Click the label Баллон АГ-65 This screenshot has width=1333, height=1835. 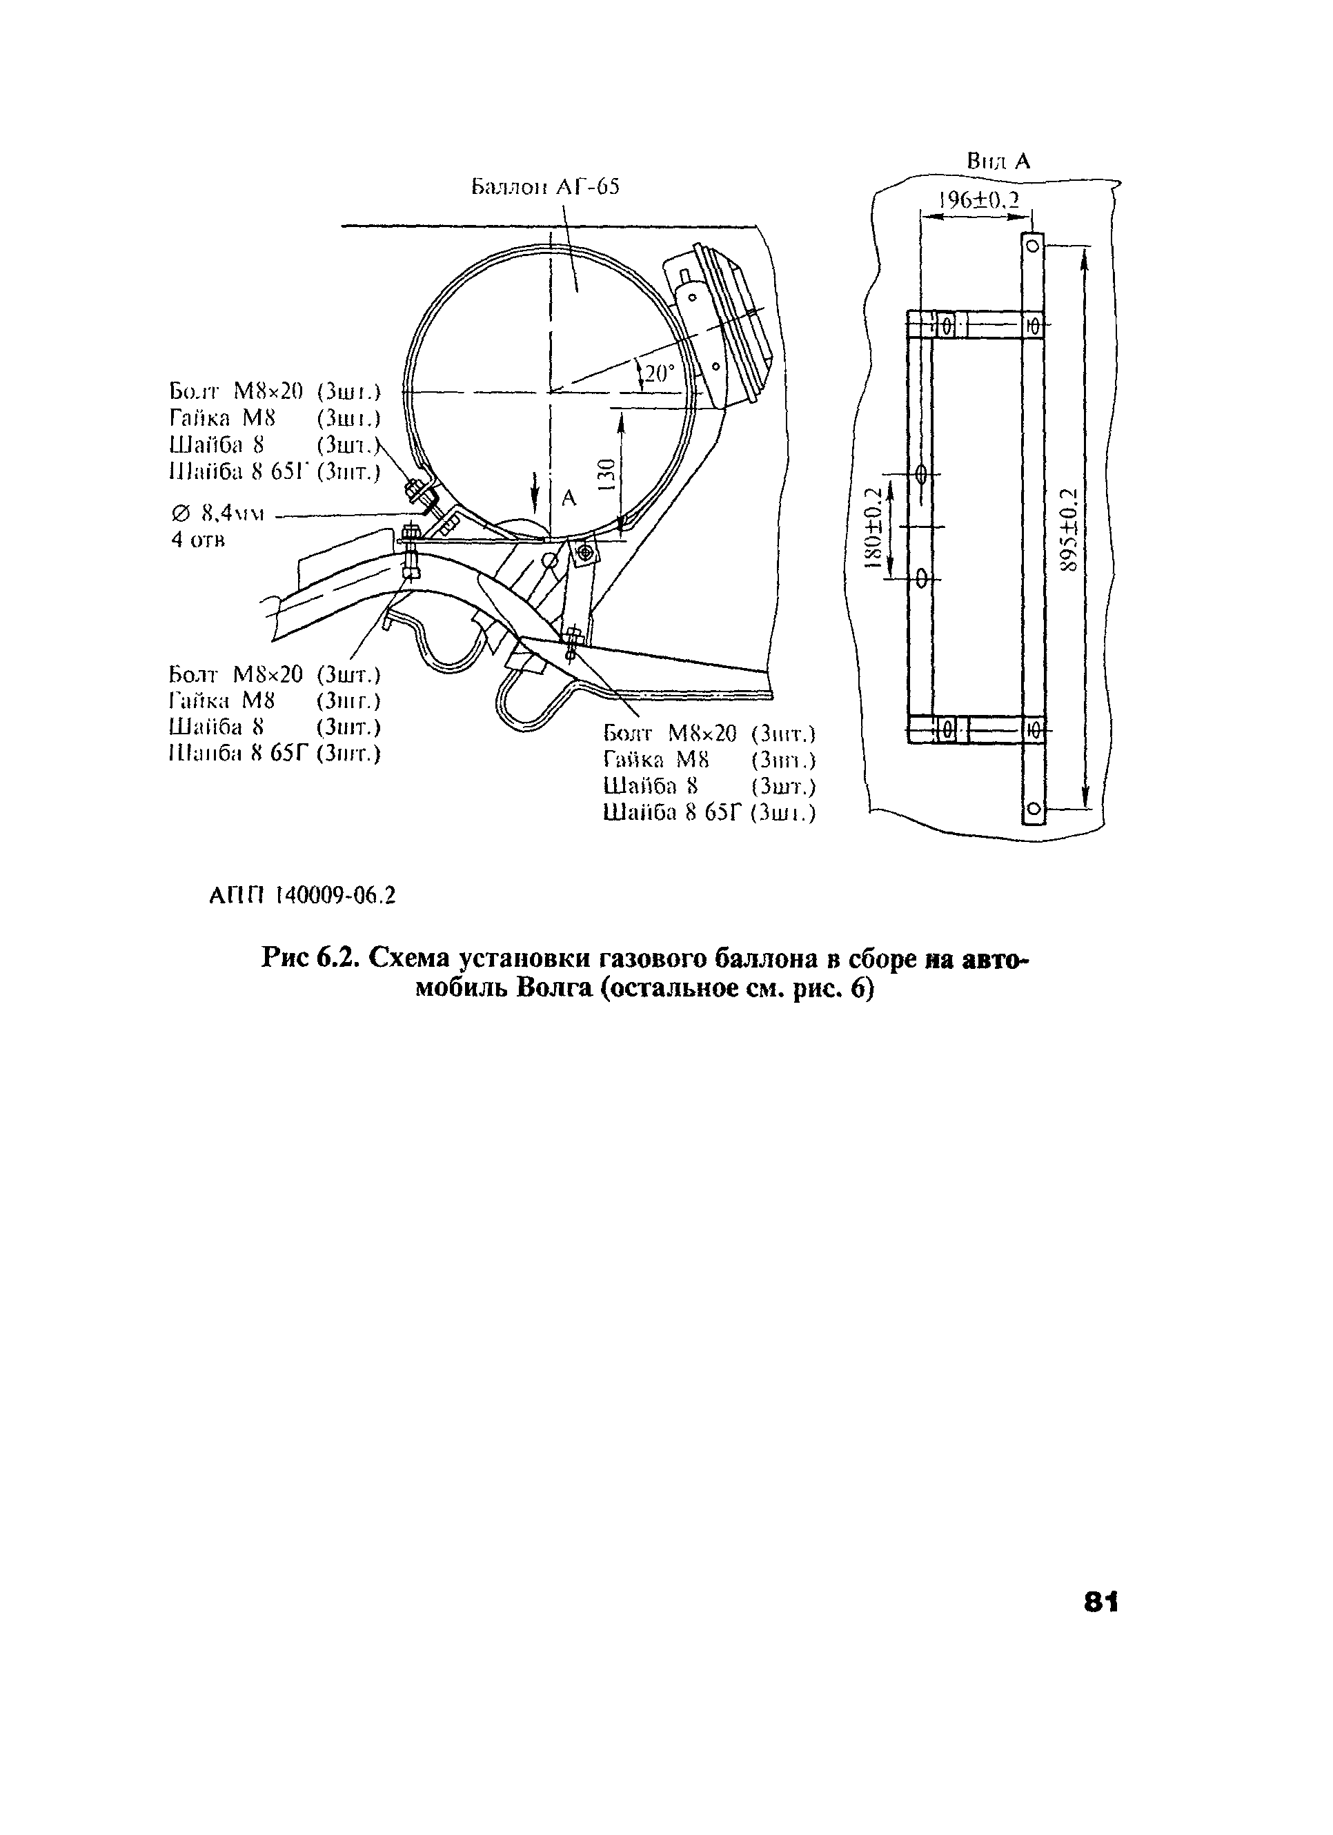545,188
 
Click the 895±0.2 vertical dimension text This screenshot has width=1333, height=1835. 1069,530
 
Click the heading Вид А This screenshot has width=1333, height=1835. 998,161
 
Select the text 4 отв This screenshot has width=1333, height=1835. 197,540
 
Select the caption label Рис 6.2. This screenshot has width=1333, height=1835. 310,959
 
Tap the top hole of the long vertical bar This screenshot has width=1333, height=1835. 1033,245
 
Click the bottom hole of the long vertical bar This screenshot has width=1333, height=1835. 1033,808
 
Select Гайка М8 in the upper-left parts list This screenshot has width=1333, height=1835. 222,418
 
